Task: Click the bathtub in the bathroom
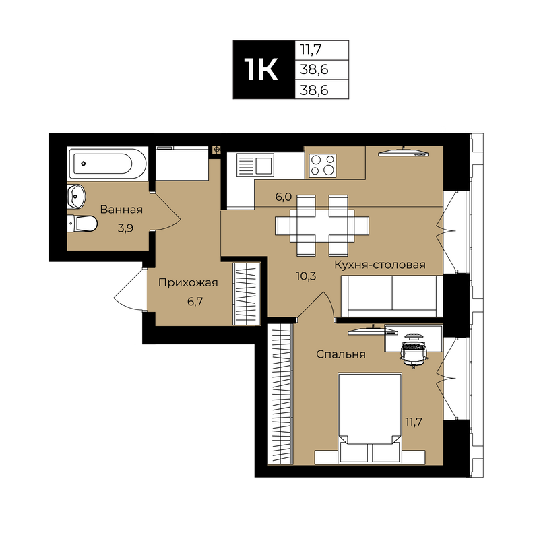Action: point(108,163)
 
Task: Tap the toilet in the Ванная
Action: point(82,224)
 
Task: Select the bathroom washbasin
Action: point(76,196)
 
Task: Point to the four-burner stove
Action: point(322,166)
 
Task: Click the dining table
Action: point(322,226)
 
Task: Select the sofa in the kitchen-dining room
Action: point(391,296)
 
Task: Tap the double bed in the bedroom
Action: point(370,418)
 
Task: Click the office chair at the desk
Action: point(414,352)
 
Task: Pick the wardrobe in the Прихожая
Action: point(247,294)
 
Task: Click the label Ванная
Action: point(121,210)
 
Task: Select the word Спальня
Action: point(341,354)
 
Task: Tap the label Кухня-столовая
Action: point(380,265)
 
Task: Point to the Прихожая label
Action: point(188,282)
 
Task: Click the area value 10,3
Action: point(306,276)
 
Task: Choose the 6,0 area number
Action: point(284,197)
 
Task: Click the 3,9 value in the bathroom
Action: point(125,228)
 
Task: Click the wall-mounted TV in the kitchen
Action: point(404,152)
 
